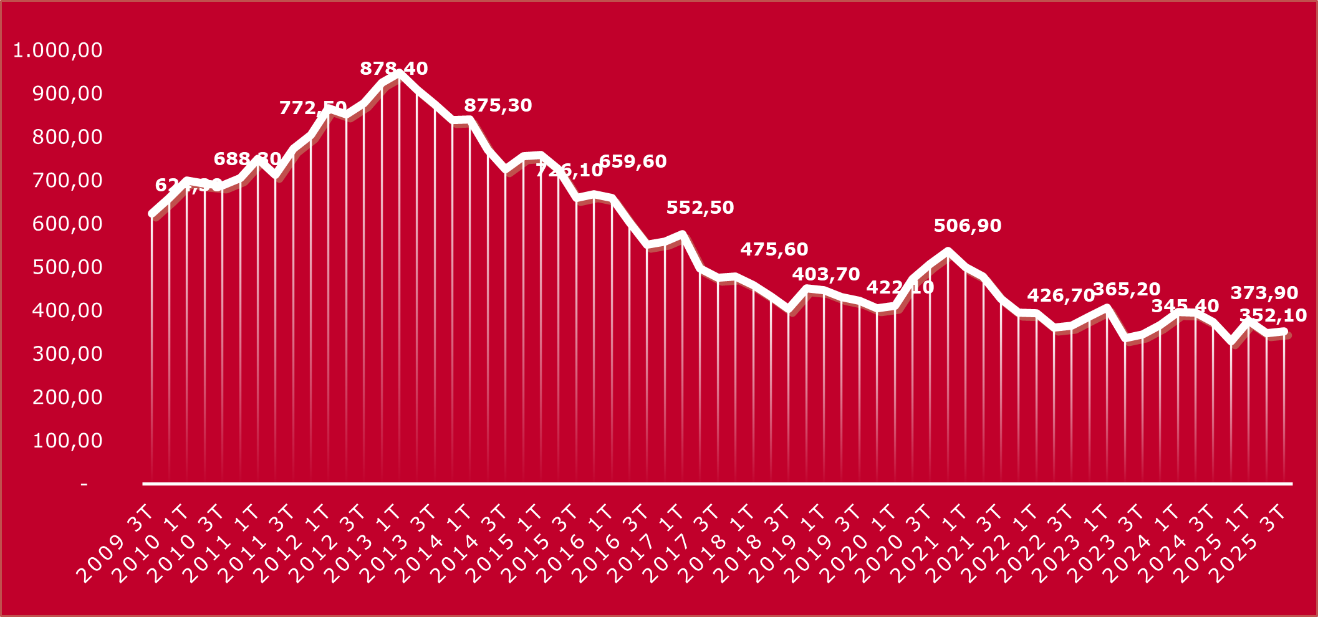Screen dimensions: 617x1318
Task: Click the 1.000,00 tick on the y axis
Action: [x=57, y=50]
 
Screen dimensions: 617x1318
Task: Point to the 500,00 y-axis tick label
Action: [x=67, y=267]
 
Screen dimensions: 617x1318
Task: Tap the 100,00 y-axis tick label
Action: [x=67, y=441]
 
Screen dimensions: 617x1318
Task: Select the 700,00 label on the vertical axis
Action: [x=67, y=180]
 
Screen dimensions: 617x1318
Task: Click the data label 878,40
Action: [x=394, y=69]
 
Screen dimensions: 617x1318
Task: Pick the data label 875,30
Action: [x=498, y=105]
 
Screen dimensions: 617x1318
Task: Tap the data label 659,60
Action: [x=633, y=161]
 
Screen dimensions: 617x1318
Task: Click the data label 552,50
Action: [x=700, y=208]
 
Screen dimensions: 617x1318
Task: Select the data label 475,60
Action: [x=774, y=249]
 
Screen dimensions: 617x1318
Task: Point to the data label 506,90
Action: [x=968, y=226]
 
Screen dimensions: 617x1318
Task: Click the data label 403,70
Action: [x=826, y=274]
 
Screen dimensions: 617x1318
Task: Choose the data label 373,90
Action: [x=1264, y=293]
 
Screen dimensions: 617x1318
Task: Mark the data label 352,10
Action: [x=1273, y=315]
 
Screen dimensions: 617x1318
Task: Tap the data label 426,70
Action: [x=1061, y=295]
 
